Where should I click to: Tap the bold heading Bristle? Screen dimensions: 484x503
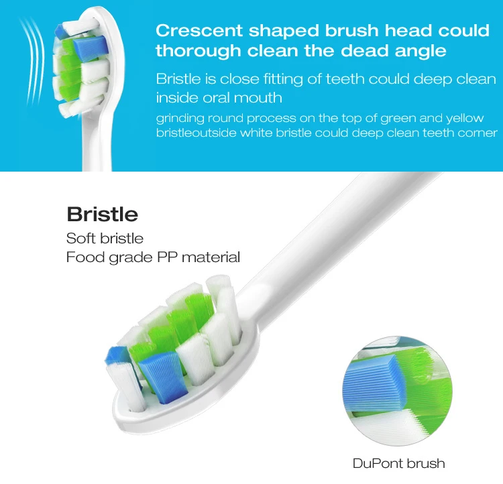tap(102, 215)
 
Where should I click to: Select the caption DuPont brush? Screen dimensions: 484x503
tap(398, 463)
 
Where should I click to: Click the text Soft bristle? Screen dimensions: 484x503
tap(105, 239)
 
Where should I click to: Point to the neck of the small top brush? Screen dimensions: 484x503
tap(95, 144)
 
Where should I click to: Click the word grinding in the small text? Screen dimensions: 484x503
tap(178, 119)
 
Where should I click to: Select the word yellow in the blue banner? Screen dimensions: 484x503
tap(463, 119)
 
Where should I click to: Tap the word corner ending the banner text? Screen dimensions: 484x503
tap(478, 133)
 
